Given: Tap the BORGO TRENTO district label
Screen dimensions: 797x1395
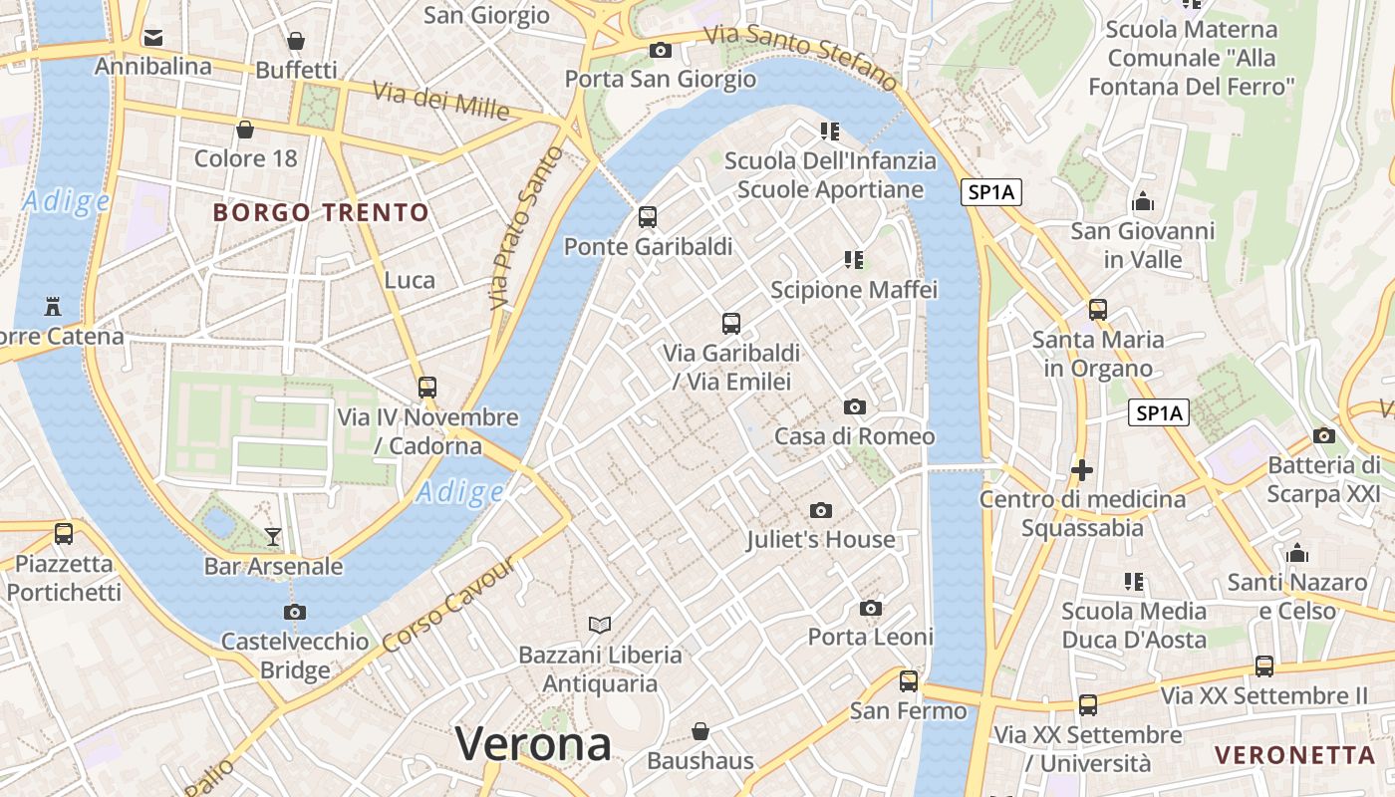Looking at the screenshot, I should pyautogui.click(x=321, y=212).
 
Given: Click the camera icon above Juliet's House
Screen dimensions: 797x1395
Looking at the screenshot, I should pyautogui.click(x=821, y=510).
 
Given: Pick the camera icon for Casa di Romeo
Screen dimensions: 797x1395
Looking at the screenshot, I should pyautogui.click(x=855, y=406).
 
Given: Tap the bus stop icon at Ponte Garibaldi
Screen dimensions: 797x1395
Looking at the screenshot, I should pyautogui.click(x=648, y=216).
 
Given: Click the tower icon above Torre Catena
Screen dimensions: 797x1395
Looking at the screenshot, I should pyautogui.click(x=53, y=305).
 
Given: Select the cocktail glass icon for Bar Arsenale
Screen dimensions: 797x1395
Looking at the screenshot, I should pyautogui.click(x=273, y=537).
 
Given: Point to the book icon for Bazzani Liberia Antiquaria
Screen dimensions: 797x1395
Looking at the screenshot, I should pyautogui.click(x=600, y=625).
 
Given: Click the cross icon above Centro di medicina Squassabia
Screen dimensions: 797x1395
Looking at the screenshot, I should pyautogui.click(x=1082, y=469).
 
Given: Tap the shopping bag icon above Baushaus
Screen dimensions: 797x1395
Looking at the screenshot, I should pyautogui.click(x=700, y=731).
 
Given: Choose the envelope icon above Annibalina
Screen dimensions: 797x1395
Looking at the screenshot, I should pyautogui.click(x=153, y=38).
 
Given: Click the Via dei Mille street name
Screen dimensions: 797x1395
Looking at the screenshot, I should pyautogui.click(x=440, y=100).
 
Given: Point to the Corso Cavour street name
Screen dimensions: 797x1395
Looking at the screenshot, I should pyautogui.click(x=449, y=605).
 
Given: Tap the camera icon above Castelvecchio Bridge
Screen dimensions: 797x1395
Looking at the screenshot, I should pyautogui.click(x=295, y=612).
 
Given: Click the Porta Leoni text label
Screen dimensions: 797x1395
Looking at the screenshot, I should pyautogui.click(x=870, y=637).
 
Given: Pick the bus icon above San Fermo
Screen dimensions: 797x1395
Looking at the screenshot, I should pyautogui.click(x=909, y=681).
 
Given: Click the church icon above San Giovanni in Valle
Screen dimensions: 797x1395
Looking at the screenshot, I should pyautogui.click(x=1143, y=201).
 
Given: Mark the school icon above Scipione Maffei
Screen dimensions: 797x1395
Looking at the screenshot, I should pyautogui.click(x=854, y=260).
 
